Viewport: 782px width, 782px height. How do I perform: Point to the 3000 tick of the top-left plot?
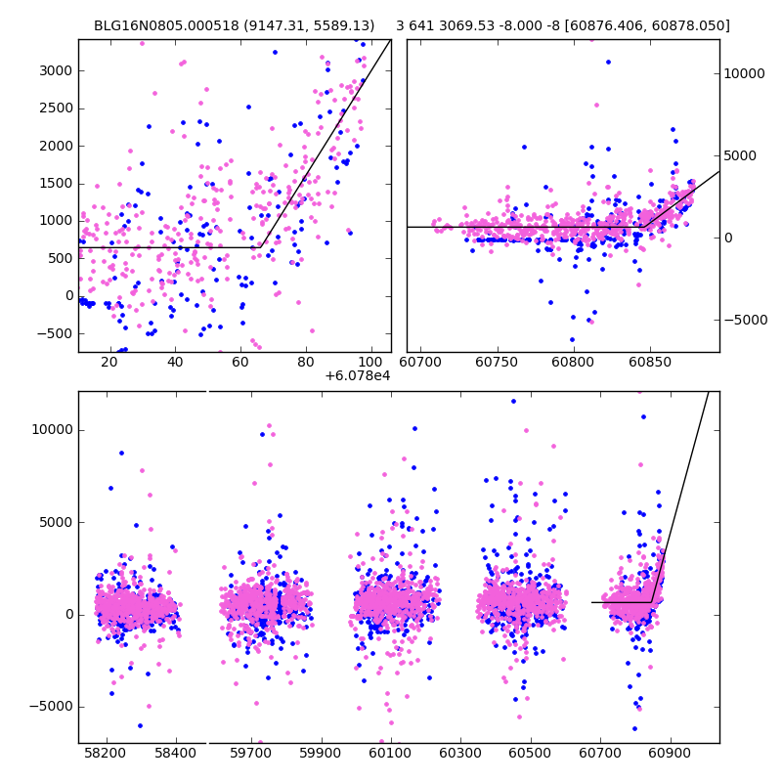58,70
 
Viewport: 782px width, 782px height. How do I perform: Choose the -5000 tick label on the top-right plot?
748,320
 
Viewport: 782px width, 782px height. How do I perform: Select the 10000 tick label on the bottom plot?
49,430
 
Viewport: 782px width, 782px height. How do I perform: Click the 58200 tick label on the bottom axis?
106,753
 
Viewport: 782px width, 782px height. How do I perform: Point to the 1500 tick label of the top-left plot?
58,183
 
